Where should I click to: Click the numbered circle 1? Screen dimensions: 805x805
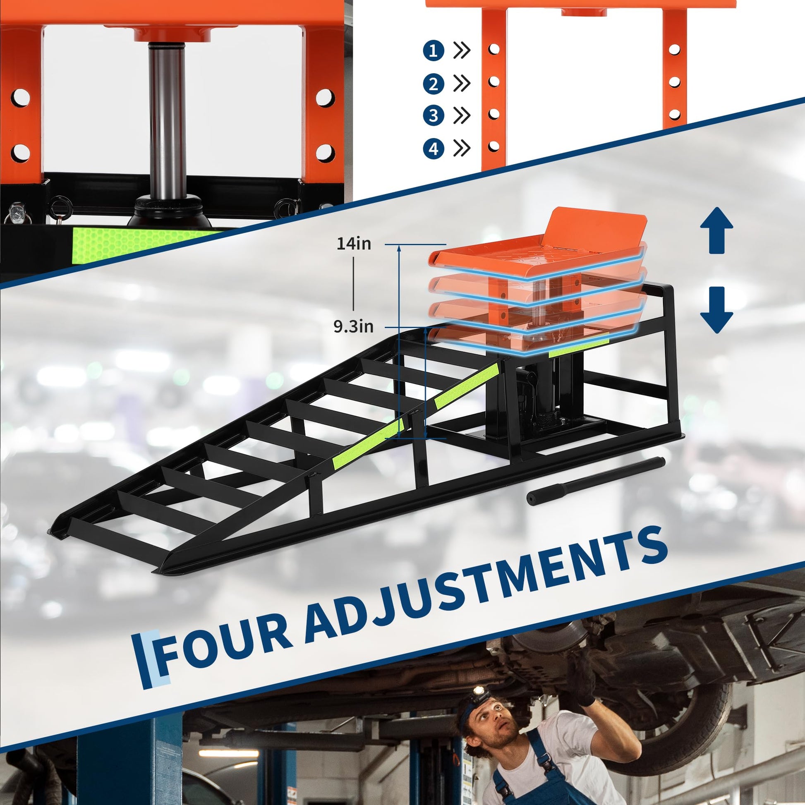(x=434, y=50)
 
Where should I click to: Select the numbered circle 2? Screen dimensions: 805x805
(x=434, y=84)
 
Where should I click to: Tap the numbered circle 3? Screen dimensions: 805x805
(x=434, y=115)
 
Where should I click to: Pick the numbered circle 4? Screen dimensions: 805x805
(x=434, y=149)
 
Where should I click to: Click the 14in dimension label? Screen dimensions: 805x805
(x=354, y=243)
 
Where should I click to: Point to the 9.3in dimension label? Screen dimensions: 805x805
(x=353, y=327)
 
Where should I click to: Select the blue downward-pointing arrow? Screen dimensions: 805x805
(x=716, y=310)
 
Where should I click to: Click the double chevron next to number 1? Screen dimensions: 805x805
(x=462, y=50)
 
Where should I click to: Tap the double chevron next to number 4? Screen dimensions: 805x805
(x=462, y=149)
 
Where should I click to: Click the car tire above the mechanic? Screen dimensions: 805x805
(x=683, y=708)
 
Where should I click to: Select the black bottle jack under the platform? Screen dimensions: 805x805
(x=533, y=396)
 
